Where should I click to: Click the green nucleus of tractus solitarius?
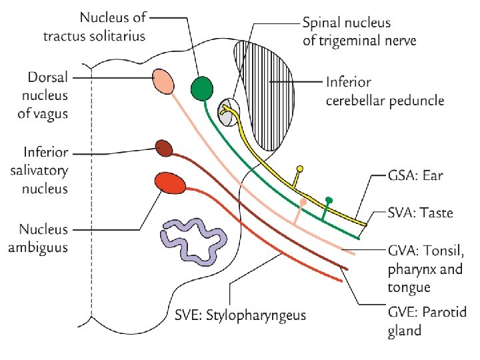click(201, 87)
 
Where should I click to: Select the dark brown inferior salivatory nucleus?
click(164, 147)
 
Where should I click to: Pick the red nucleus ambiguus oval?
click(165, 182)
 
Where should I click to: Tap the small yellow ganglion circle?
click(300, 169)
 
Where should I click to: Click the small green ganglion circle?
click(328, 199)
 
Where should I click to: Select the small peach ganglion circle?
click(303, 201)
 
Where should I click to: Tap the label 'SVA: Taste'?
click(420, 213)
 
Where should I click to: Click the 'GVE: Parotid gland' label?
click(414, 321)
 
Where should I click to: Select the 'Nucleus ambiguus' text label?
click(43, 238)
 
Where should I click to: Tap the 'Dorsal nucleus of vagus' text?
click(43, 95)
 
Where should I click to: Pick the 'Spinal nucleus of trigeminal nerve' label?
click(359, 31)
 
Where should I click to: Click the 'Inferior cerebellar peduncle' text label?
click(385, 93)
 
